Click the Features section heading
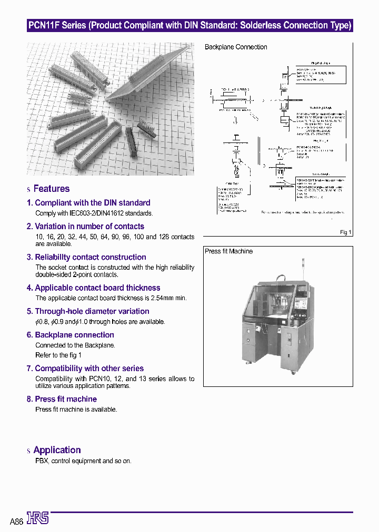(51, 189)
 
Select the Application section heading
(57, 450)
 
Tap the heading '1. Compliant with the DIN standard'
(88, 203)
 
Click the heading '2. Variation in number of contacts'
(85, 227)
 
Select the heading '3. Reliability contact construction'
(86, 257)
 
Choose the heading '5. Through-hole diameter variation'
(88, 311)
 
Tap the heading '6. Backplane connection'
(70, 335)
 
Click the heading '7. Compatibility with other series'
(85, 369)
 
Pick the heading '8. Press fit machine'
(62, 399)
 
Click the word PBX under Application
(42, 461)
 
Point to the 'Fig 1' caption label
(346, 232)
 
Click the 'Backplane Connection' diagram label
(236, 47)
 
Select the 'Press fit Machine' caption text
(228, 251)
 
